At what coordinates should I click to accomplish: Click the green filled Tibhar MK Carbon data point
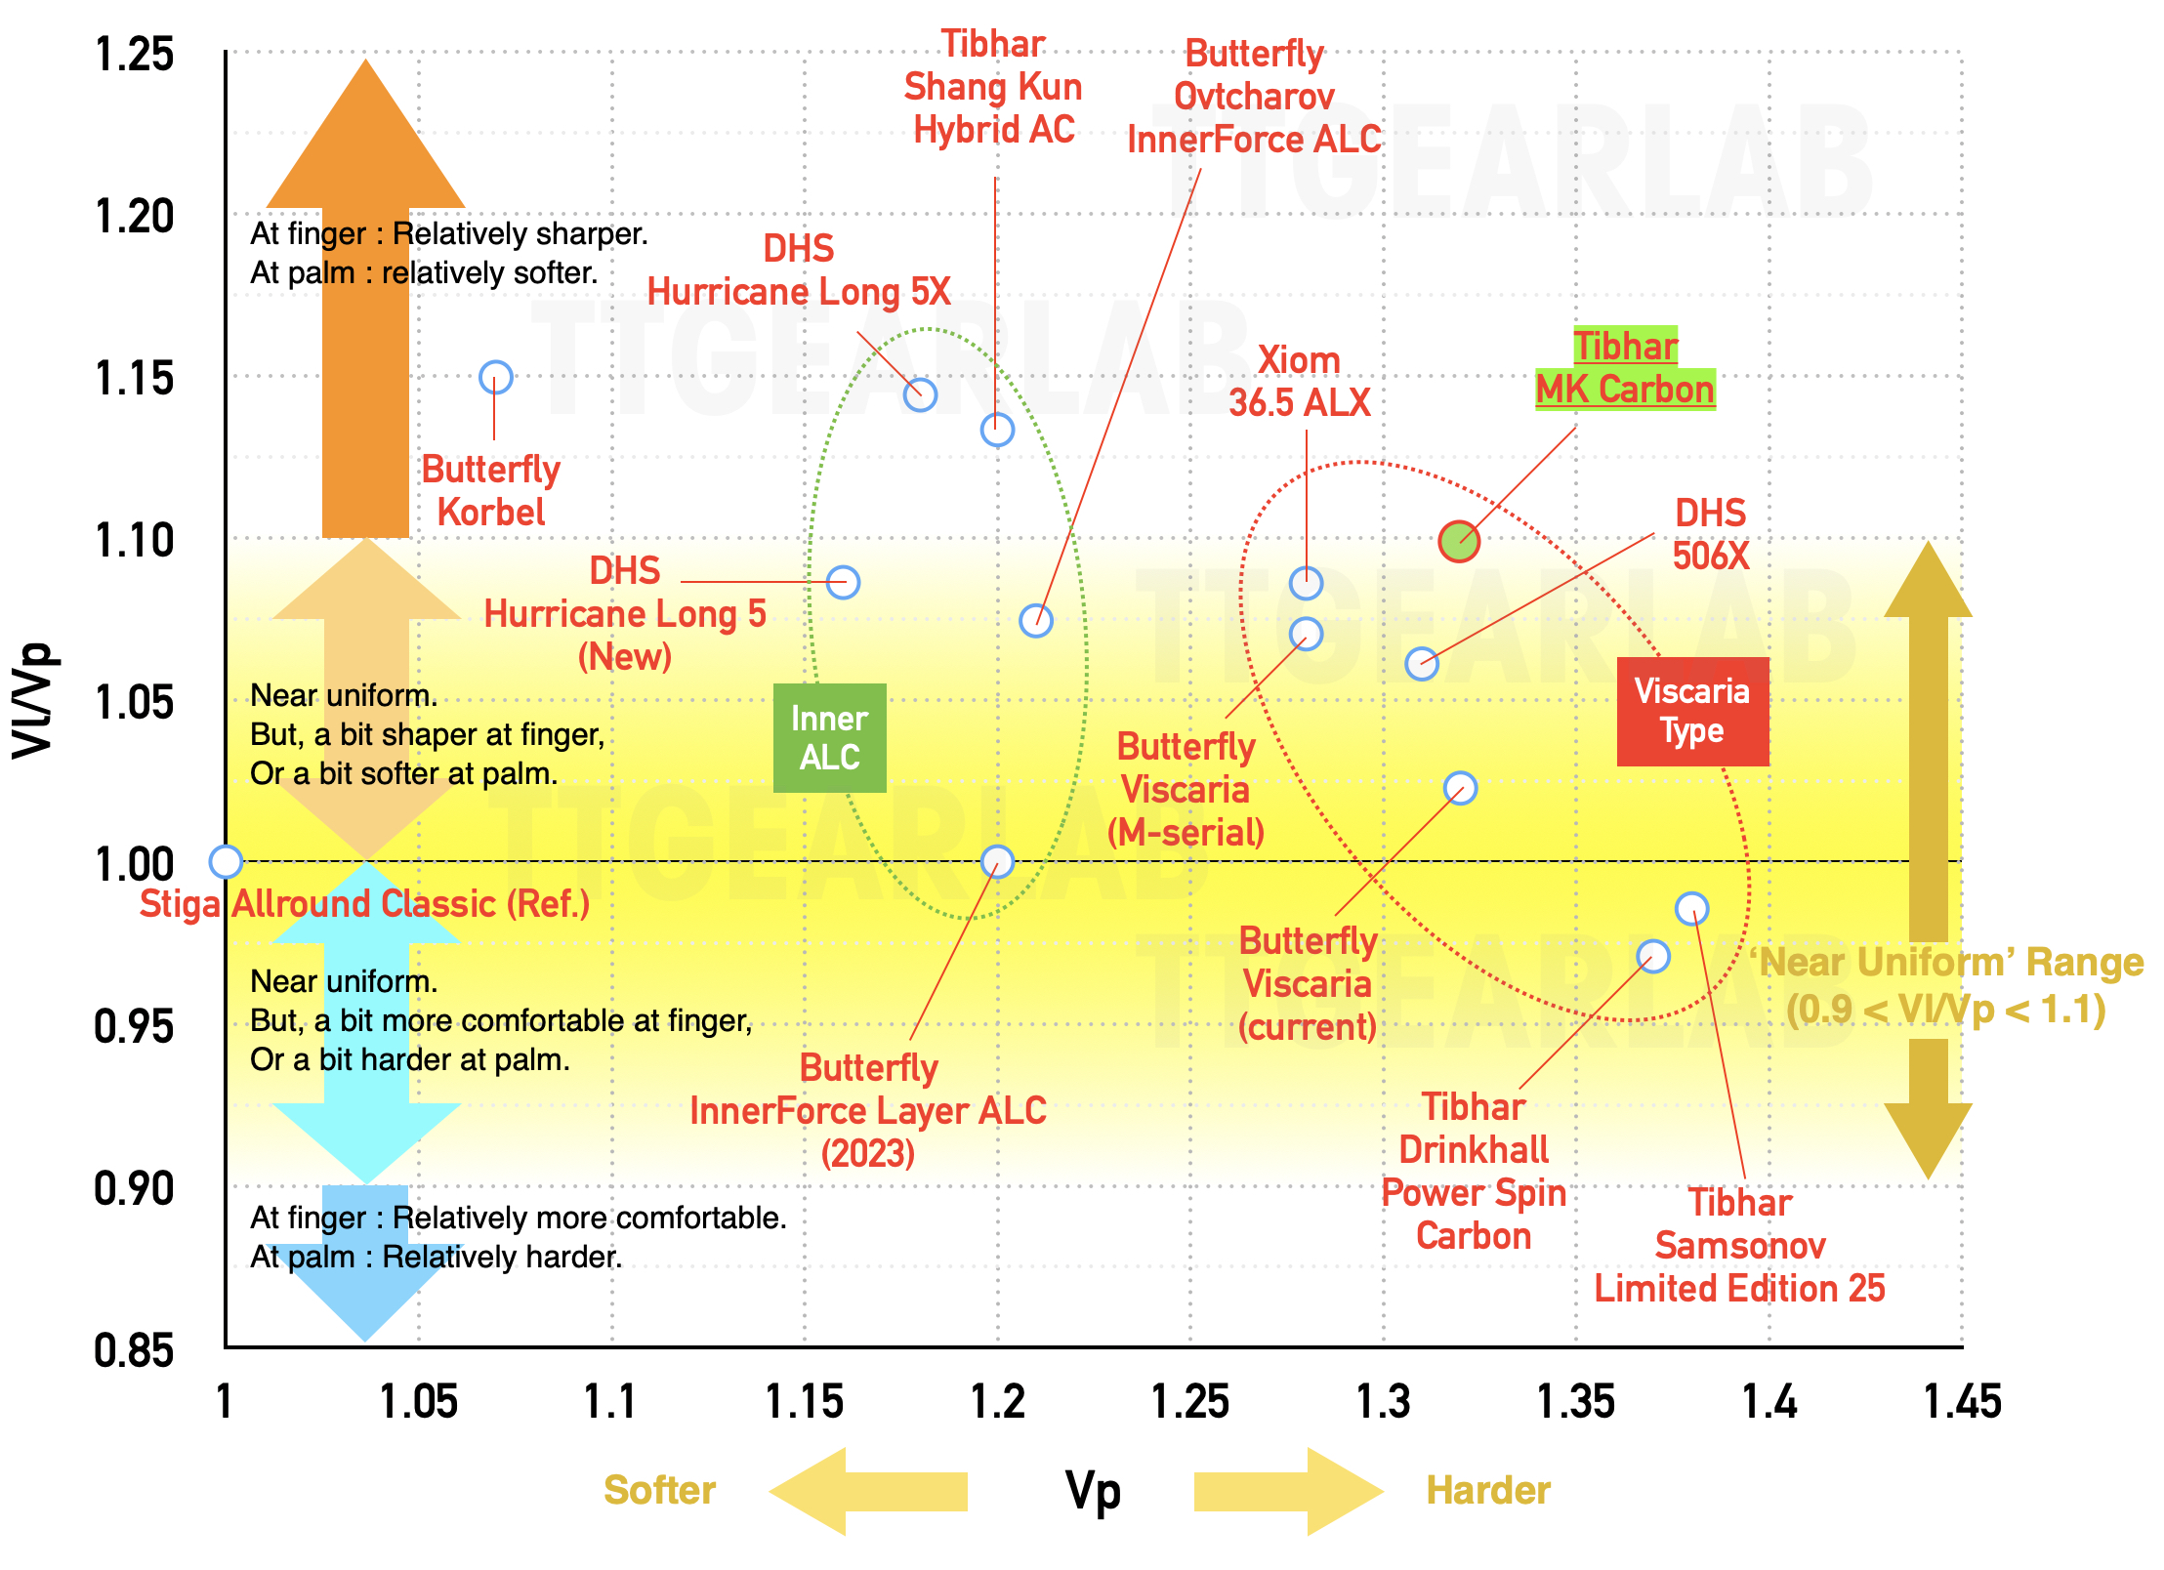tap(1459, 540)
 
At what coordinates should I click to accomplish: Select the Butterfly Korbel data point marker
tap(496, 378)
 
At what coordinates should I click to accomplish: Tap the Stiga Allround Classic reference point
tap(226, 861)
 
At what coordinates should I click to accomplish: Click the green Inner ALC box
tap(829, 737)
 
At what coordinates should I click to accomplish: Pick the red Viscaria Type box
tap(1692, 711)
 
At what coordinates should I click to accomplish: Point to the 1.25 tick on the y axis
tap(134, 54)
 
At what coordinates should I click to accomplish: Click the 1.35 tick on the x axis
tap(1575, 1401)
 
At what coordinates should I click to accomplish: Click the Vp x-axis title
tap(1093, 1491)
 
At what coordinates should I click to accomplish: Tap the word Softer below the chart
tap(659, 1490)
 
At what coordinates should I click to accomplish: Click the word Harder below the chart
tap(1487, 1490)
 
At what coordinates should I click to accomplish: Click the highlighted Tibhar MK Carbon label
tap(1625, 368)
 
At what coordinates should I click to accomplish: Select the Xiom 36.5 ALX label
tap(1299, 381)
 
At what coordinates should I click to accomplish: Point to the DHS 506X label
tap(1710, 534)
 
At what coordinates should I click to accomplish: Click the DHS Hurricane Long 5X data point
tap(920, 394)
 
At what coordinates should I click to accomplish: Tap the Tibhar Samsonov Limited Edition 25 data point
tap(1691, 909)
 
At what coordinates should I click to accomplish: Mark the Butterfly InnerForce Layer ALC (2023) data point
tap(997, 861)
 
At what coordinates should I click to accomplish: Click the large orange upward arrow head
tap(366, 137)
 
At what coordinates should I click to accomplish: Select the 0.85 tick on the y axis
tap(134, 1350)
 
